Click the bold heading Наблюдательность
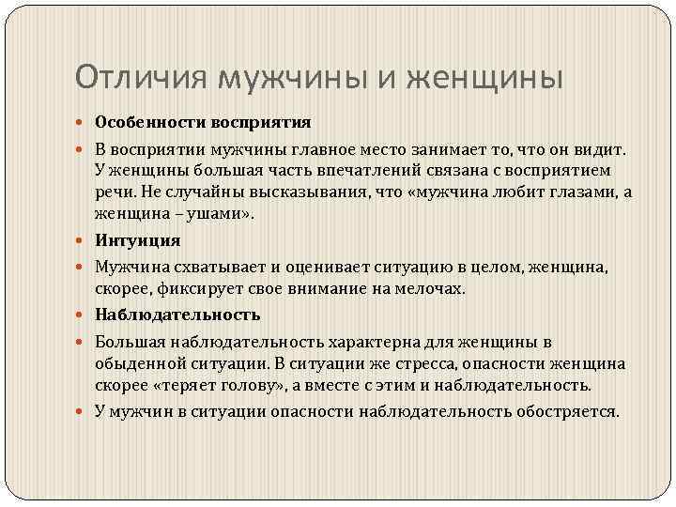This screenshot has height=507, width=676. point(177,315)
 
